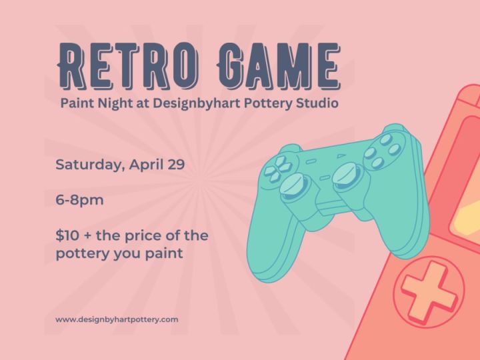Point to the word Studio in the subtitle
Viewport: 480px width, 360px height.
[316, 104]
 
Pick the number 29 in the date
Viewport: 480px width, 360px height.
[176, 164]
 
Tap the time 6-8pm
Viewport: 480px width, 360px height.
[79, 200]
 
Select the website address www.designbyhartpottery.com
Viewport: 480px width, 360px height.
[117, 319]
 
